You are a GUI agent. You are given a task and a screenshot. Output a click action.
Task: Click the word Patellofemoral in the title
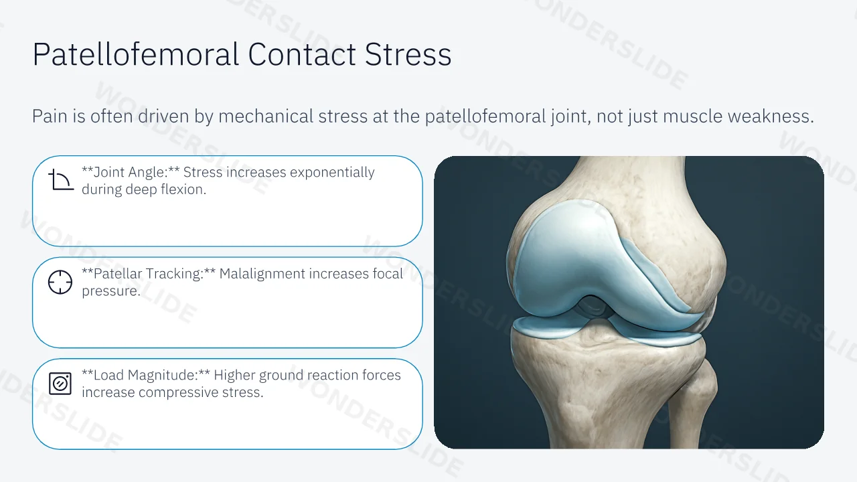(136, 54)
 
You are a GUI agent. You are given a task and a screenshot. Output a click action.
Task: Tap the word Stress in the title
(408, 55)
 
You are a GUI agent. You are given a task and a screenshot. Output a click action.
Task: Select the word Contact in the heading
(302, 55)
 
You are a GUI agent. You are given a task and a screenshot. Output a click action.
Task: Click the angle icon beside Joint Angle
(61, 180)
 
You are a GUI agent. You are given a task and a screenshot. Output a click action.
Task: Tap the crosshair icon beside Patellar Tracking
(60, 283)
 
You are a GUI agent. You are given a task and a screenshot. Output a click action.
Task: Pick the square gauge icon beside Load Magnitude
(60, 384)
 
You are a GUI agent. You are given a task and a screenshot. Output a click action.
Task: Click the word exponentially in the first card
(332, 173)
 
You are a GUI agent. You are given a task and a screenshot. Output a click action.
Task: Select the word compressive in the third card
(178, 392)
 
